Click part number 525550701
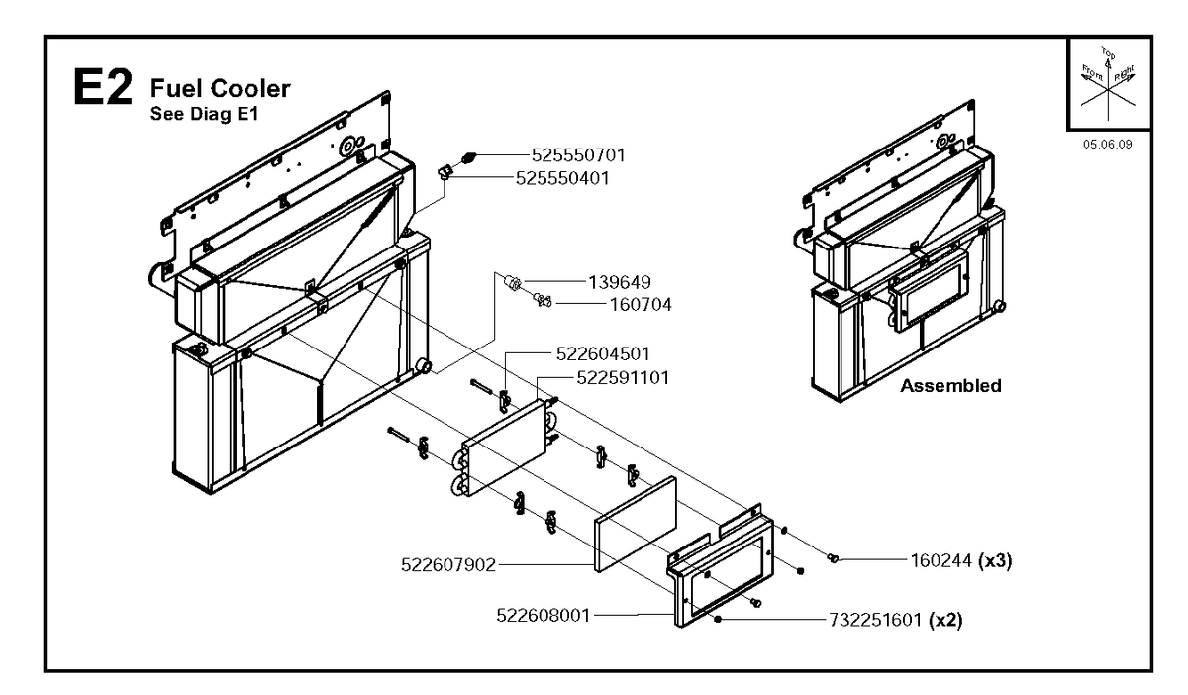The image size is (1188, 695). click(x=578, y=155)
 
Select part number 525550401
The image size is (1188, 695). click(x=562, y=178)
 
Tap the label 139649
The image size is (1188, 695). click(x=620, y=282)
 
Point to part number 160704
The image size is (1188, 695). click(x=641, y=305)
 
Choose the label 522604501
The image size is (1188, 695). click(x=603, y=353)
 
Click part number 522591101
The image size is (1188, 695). click(x=623, y=378)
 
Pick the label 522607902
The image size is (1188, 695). click(x=448, y=565)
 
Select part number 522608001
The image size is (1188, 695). click(x=544, y=616)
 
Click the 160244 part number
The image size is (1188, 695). click(x=941, y=560)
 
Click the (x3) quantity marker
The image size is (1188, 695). click(x=995, y=560)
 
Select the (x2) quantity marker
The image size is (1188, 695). click(x=945, y=620)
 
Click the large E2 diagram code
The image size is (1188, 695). click(x=102, y=87)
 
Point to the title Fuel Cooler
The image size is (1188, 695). click(x=221, y=88)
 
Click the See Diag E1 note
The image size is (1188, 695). click(x=204, y=114)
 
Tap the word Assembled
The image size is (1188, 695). click(x=951, y=386)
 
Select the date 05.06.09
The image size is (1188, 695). click(x=1108, y=144)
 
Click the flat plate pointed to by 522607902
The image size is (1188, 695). click(x=636, y=524)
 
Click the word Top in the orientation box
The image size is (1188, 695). click(x=1108, y=53)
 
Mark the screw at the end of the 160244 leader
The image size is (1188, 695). click(x=833, y=558)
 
